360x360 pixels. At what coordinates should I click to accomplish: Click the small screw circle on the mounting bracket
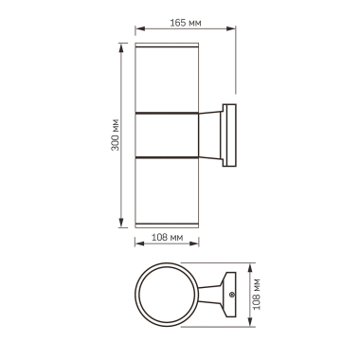tap(230, 300)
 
